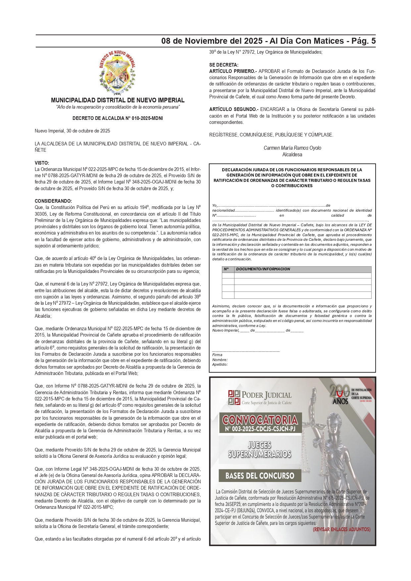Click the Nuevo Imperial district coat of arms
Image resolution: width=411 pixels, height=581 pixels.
[117, 73]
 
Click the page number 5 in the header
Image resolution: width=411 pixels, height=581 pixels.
[373, 41]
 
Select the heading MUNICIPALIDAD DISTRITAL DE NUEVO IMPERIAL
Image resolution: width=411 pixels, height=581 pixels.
[118, 100]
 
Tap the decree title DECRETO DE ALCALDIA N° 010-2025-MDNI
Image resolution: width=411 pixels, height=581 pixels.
[118, 118]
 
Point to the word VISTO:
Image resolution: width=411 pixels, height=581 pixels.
[42, 163]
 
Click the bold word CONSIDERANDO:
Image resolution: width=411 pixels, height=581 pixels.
[53, 201]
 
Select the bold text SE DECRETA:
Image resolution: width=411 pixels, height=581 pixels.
[224, 65]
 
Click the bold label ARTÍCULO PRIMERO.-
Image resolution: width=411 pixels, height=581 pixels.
[233, 71]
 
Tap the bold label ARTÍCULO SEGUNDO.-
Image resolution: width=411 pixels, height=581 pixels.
[234, 109]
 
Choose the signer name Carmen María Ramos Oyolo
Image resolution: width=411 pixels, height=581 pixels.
[292, 148]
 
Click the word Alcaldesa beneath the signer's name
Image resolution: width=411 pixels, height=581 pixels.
[292, 155]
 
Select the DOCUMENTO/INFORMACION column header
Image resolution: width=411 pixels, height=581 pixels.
[263, 269]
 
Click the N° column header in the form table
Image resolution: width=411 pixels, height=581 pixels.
[227, 269]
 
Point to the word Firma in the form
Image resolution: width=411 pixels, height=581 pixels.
[217, 355]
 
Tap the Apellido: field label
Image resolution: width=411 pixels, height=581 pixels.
[220, 364]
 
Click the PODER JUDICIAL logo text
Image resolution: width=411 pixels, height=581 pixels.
[266, 395]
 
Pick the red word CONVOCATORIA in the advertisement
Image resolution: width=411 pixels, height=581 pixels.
[260, 420]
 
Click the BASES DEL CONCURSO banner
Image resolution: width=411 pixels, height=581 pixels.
[260, 476]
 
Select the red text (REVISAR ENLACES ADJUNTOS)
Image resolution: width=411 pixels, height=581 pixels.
[341, 529]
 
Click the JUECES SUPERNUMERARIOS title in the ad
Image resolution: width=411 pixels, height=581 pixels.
[260, 449]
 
